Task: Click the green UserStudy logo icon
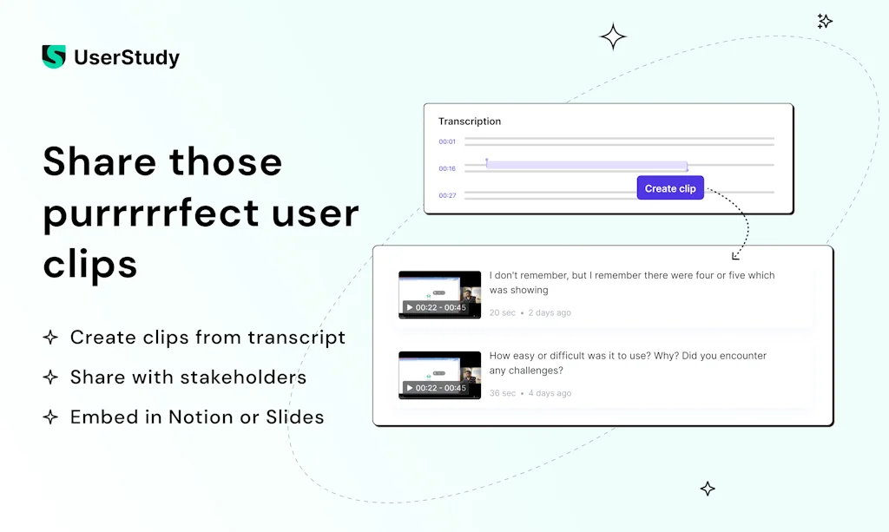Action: (x=53, y=57)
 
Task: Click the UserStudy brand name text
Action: (x=127, y=58)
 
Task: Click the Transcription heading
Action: (x=470, y=122)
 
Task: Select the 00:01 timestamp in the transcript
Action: (x=447, y=141)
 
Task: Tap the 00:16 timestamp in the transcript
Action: (x=447, y=168)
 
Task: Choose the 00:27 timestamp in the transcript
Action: (x=447, y=195)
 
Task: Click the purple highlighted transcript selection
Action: (x=586, y=166)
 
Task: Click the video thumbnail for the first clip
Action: (x=439, y=295)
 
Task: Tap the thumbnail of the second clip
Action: (x=439, y=375)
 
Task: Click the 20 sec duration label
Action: (x=502, y=312)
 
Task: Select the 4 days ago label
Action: (x=550, y=393)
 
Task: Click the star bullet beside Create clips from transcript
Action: (x=51, y=338)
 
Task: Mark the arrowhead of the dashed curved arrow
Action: (x=735, y=255)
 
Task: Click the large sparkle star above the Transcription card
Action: (x=613, y=36)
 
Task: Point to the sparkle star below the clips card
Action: (x=708, y=489)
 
